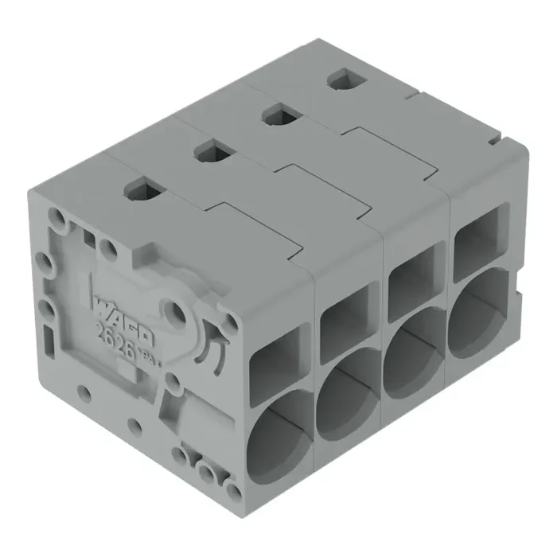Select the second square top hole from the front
pos(212,149)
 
